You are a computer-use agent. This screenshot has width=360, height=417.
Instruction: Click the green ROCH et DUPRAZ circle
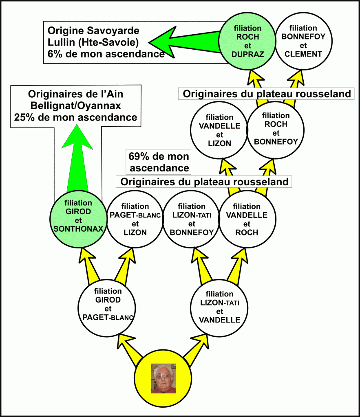tap(245, 41)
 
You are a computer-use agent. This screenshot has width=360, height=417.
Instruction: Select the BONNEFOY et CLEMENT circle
tap(303, 41)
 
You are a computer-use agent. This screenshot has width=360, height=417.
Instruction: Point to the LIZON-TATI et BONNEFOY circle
tap(192, 219)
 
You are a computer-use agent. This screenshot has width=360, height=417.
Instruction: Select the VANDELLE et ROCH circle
tap(247, 219)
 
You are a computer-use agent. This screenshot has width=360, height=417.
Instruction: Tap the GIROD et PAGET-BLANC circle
tap(108, 305)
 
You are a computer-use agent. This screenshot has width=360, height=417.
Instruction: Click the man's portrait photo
tap(163, 378)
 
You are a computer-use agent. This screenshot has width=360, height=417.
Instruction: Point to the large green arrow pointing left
tap(183, 41)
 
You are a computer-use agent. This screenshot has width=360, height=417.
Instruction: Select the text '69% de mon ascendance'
tap(159, 162)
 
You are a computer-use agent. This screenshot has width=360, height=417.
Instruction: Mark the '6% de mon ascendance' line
tap(106, 53)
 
